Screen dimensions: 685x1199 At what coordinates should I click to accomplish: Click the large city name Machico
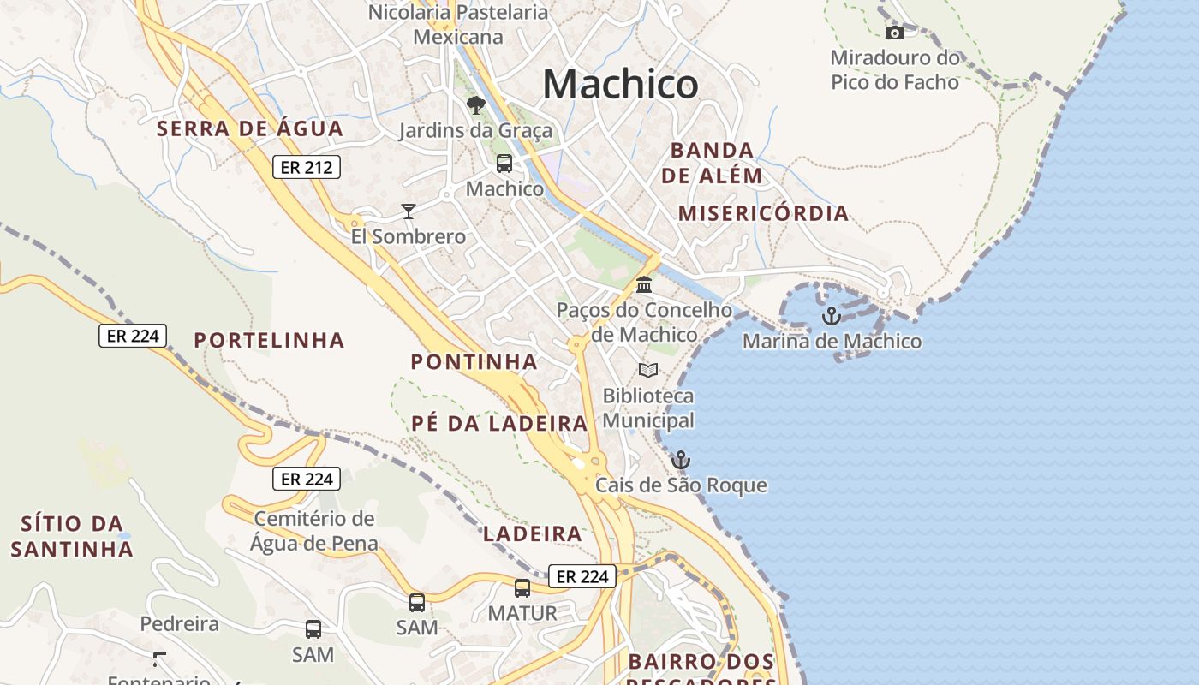620,85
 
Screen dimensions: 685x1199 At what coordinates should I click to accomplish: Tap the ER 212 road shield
307,167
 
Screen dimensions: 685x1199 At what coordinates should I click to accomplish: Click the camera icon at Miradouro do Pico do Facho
894,33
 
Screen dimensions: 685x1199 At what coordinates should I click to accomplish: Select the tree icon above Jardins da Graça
475,105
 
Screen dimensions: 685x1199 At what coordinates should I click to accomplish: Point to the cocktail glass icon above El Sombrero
409,211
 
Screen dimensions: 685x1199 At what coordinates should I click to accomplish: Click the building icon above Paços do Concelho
644,284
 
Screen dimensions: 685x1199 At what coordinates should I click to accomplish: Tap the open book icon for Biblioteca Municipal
648,370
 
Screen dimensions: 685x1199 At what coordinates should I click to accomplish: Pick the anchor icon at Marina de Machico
831,316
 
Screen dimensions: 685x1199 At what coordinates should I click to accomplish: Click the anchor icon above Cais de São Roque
680,460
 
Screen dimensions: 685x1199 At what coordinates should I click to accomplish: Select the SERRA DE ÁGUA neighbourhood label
249,129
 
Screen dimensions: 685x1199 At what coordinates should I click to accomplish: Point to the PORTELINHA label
269,340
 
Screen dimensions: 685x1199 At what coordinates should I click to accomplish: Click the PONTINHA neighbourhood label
474,361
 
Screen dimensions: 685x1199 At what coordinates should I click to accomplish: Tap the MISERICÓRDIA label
763,213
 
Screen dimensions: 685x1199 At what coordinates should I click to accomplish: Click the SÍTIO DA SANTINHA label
72,536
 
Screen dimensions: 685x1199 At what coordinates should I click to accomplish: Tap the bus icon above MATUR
522,588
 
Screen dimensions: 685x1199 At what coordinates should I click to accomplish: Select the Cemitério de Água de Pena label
314,531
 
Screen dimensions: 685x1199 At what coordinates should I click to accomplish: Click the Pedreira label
179,623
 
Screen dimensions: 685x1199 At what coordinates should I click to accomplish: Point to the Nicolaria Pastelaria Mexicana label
458,24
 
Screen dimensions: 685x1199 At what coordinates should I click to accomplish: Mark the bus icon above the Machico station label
504,163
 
